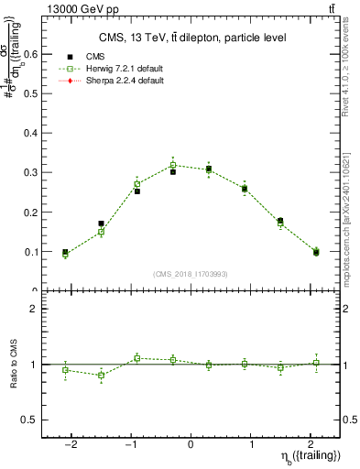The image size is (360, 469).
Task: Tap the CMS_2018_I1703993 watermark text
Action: click(190, 274)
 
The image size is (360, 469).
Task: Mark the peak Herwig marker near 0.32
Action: click(172, 165)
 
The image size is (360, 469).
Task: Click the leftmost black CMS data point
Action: click(65, 252)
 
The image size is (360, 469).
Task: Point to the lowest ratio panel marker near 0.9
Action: click(101, 375)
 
